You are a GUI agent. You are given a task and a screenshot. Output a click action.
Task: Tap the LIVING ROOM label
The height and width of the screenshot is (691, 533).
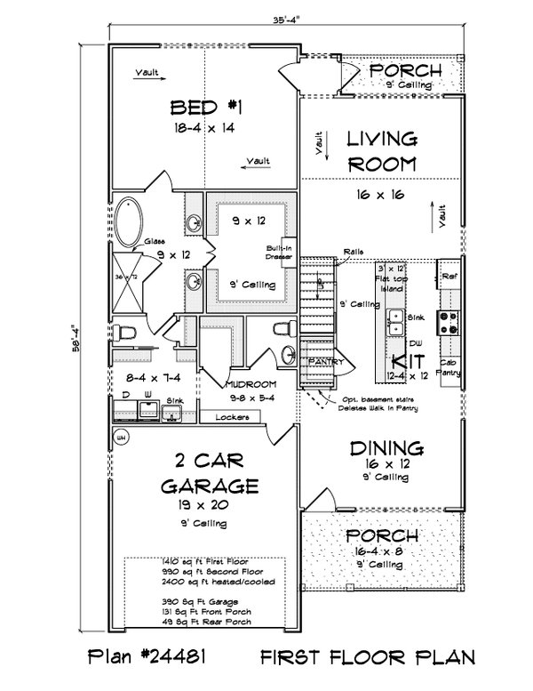pyautogui.click(x=381, y=150)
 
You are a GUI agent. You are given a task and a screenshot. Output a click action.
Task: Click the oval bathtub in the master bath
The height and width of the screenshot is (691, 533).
pyautogui.click(x=130, y=219)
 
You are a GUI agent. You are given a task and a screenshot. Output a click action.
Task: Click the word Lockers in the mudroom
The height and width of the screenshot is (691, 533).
pyautogui.click(x=232, y=416)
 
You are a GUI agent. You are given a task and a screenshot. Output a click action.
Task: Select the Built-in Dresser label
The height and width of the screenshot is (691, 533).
pyautogui.click(x=274, y=253)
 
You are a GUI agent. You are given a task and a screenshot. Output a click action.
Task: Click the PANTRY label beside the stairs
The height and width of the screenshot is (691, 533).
pyautogui.click(x=320, y=362)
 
